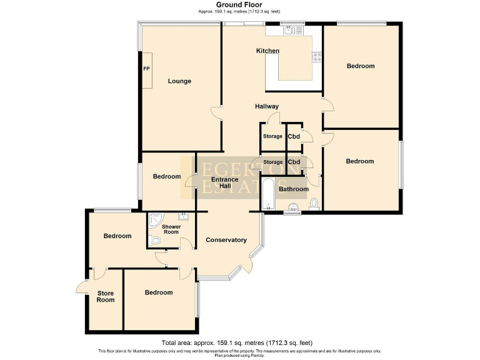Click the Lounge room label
coord(179,81)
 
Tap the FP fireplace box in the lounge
coord(147,69)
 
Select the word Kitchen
coord(267,51)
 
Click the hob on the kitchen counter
coord(317,58)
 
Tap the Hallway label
coord(266,106)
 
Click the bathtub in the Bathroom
coord(267,194)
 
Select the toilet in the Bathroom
coord(314,204)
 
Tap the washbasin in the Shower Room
coord(184,217)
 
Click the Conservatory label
coord(226,240)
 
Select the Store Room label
coord(106,296)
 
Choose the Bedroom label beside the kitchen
coord(360,66)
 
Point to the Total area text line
coord(237,342)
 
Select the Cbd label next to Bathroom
coord(294,162)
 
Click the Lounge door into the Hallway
coord(217,112)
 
